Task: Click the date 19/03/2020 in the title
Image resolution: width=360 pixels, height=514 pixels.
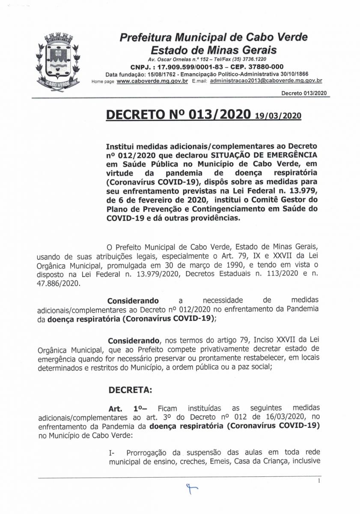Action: coord(278,116)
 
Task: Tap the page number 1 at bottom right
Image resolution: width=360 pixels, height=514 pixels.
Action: coord(319,481)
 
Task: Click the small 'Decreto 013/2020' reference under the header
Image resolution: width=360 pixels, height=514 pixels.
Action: coord(303,93)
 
